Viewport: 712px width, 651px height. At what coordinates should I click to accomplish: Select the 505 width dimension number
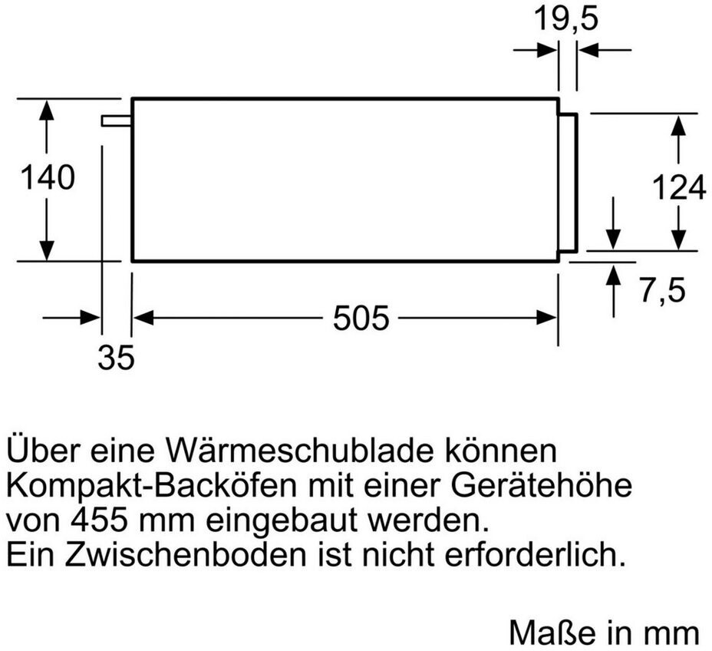(361, 318)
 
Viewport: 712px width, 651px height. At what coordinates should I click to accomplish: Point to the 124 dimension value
(678, 188)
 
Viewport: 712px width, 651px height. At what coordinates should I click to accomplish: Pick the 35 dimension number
(116, 358)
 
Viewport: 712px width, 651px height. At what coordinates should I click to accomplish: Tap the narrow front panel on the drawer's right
(567, 181)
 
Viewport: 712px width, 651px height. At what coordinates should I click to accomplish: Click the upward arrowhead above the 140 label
(47, 112)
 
